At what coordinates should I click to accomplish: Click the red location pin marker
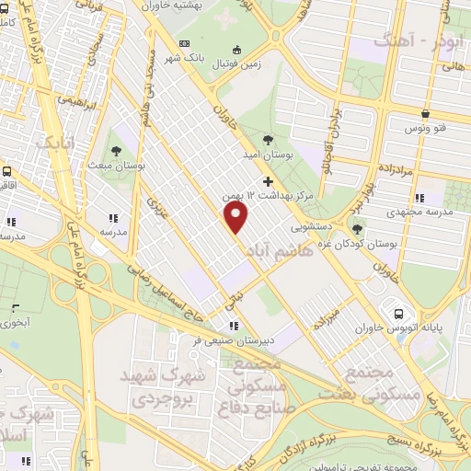(x=237, y=217)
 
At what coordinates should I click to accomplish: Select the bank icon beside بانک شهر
(x=185, y=43)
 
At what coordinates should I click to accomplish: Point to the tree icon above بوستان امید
(x=268, y=140)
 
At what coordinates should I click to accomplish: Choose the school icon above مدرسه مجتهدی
(x=419, y=198)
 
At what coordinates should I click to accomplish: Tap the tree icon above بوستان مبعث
(x=116, y=149)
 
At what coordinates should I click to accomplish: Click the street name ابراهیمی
(x=78, y=99)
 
